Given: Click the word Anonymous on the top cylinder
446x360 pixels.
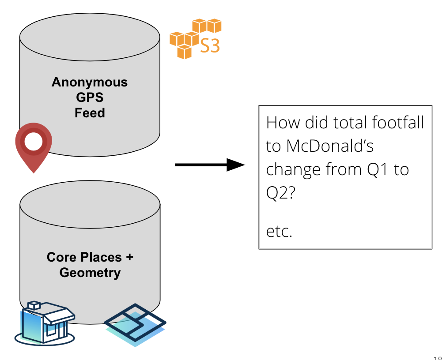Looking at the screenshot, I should point(90,82).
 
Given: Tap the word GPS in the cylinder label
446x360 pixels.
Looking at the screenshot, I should point(90,97).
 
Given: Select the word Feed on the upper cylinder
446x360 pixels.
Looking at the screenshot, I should point(90,113).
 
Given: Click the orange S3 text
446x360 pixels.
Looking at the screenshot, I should point(210,45).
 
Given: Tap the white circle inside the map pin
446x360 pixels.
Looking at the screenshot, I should point(34,142).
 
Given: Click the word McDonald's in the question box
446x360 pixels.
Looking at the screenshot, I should point(330,146).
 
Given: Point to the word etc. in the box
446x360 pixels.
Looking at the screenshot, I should point(279,231).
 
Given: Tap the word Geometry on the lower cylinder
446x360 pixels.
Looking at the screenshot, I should point(90,273).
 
